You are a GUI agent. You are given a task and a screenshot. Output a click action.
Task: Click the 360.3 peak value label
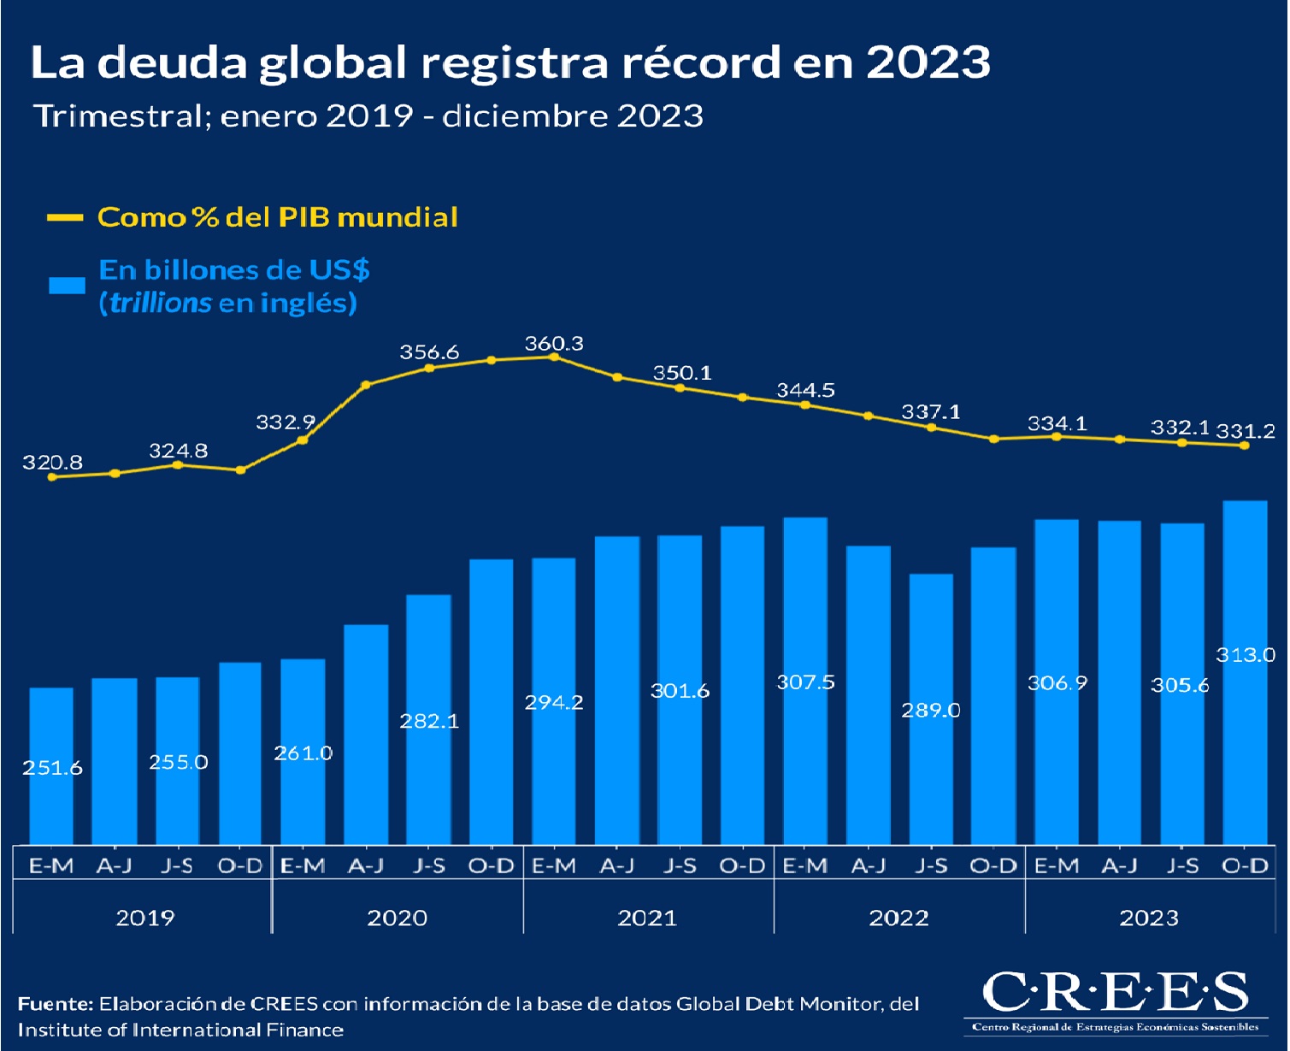(x=554, y=344)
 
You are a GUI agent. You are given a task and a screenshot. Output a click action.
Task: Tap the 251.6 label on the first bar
(x=52, y=768)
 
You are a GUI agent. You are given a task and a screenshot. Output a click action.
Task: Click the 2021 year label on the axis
(x=647, y=918)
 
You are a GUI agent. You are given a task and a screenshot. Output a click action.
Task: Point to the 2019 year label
(x=144, y=918)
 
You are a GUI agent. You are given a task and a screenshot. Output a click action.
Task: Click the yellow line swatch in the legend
(x=65, y=218)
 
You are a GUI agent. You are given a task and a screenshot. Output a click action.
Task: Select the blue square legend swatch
(x=67, y=286)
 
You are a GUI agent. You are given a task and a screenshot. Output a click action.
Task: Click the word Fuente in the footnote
(x=54, y=1004)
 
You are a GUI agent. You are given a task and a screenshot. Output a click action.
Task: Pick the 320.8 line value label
(x=52, y=463)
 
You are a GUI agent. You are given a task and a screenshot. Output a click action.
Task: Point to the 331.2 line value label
(x=1245, y=432)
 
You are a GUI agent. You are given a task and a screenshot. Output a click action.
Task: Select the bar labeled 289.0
(x=931, y=709)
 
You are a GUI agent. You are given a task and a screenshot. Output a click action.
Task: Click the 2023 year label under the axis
(x=1149, y=918)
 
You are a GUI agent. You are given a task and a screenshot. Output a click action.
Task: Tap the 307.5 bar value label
(x=805, y=682)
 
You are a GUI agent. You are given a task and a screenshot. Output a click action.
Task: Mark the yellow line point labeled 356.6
(x=429, y=368)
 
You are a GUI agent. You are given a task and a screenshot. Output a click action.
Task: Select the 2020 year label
(x=397, y=918)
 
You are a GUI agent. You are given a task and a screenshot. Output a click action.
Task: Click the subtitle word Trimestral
(x=116, y=115)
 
